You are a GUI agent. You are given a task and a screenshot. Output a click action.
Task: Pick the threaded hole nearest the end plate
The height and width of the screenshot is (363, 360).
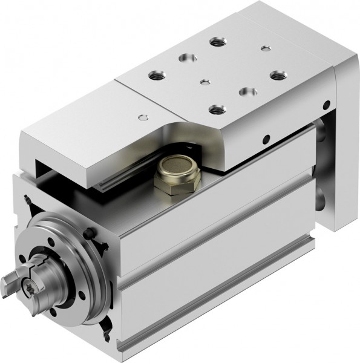(278, 75)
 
